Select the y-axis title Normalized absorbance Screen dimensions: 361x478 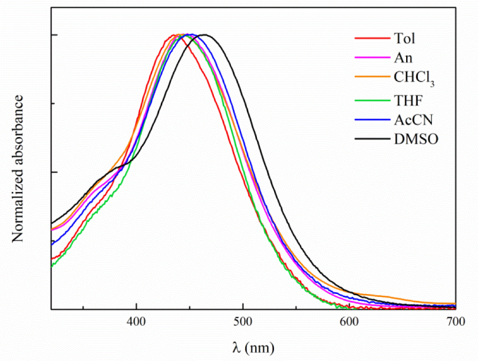pos(18,168)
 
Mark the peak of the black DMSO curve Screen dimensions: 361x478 pos(205,35)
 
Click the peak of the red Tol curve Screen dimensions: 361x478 pos(172,35)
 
